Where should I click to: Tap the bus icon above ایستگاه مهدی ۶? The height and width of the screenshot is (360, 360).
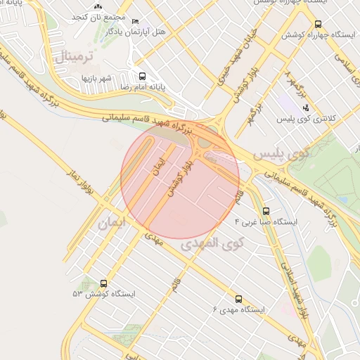(238, 298)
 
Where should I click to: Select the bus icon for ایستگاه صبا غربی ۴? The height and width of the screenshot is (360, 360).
(266, 210)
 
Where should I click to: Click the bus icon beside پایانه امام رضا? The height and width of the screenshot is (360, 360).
(143, 76)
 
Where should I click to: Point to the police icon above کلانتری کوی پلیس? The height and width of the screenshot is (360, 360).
(305, 108)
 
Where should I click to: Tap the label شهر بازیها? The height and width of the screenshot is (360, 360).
(96, 78)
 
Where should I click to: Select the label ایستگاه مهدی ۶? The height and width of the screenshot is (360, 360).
(238, 309)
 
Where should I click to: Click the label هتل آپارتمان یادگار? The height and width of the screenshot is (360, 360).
(136, 32)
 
